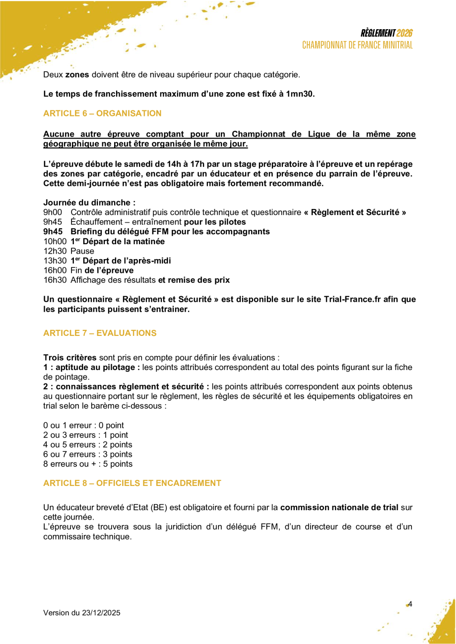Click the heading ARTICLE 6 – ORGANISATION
[x=102, y=113]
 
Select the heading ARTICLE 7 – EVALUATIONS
[x=100, y=333]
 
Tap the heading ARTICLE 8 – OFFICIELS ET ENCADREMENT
[x=132, y=483]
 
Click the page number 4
[x=410, y=604]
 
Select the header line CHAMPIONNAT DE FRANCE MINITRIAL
[x=357, y=45]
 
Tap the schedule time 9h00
[x=53, y=213]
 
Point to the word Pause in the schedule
[x=82, y=251]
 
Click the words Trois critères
[x=70, y=357]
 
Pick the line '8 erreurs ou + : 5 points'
[x=88, y=464]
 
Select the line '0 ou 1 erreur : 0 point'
[x=83, y=425]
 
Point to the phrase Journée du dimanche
[x=88, y=203]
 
